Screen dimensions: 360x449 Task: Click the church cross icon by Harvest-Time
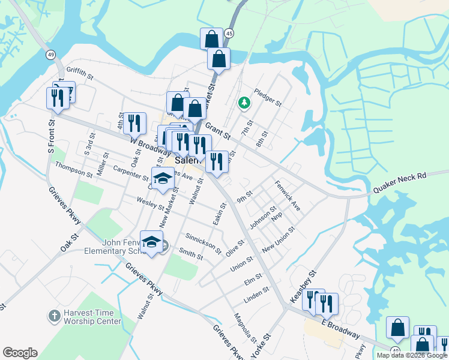(x=53, y=315)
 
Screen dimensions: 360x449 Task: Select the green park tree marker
(x=244, y=103)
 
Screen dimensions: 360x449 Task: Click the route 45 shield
(x=230, y=34)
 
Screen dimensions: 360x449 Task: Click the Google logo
(x=20, y=352)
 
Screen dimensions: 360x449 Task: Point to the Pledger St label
(x=268, y=96)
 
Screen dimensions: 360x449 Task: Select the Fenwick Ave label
(x=288, y=196)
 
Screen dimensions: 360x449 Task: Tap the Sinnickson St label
(x=203, y=242)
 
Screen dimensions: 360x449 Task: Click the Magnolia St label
(x=246, y=327)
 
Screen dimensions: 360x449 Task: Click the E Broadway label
(x=340, y=329)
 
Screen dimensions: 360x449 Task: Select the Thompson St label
(x=73, y=170)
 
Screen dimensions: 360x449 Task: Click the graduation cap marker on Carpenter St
(x=162, y=178)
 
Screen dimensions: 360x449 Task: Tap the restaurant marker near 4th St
(x=134, y=123)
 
